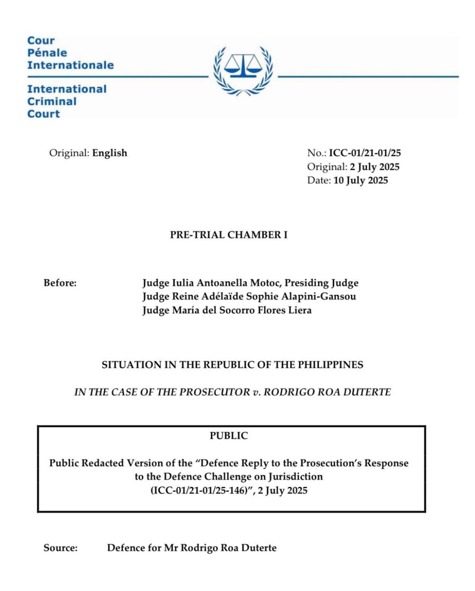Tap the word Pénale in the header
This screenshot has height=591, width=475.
pos(47,53)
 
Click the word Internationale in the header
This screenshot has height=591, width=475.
pos(70,65)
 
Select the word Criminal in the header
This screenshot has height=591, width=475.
pos(52,101)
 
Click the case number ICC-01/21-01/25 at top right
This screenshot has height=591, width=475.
pos(365,153)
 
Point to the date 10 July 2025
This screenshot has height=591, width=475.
pos(361,180)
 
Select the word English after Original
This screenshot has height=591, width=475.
pos(110,153)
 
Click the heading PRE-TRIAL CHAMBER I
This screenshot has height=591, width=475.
pos(229,235)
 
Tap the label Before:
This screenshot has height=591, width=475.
pos(60,283)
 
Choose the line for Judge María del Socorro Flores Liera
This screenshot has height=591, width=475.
pos(227,310)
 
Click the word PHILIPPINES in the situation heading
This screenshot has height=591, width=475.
pos(330,364)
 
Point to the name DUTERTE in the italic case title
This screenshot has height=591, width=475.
pos(367,392)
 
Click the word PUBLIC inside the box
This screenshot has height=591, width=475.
pos(229,436)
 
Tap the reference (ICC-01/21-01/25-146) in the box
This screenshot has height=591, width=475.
pos(199,490)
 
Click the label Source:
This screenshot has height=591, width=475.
pos(60,548)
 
